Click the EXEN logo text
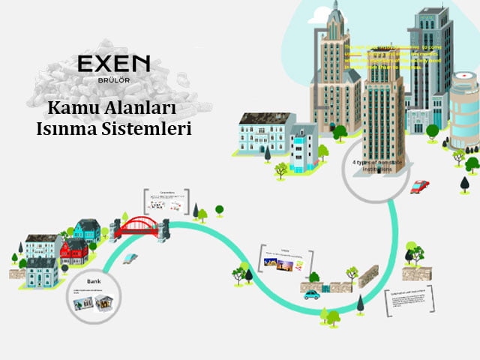(x=114, y=63)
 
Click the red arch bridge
(x=142, y=224)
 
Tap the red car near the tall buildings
(x=420, y=186)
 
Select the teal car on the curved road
(x=310, y=294)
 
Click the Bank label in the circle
(x=94, y=281)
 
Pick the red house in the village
(x=73, y=250)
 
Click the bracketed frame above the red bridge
(x=166, y=202)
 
